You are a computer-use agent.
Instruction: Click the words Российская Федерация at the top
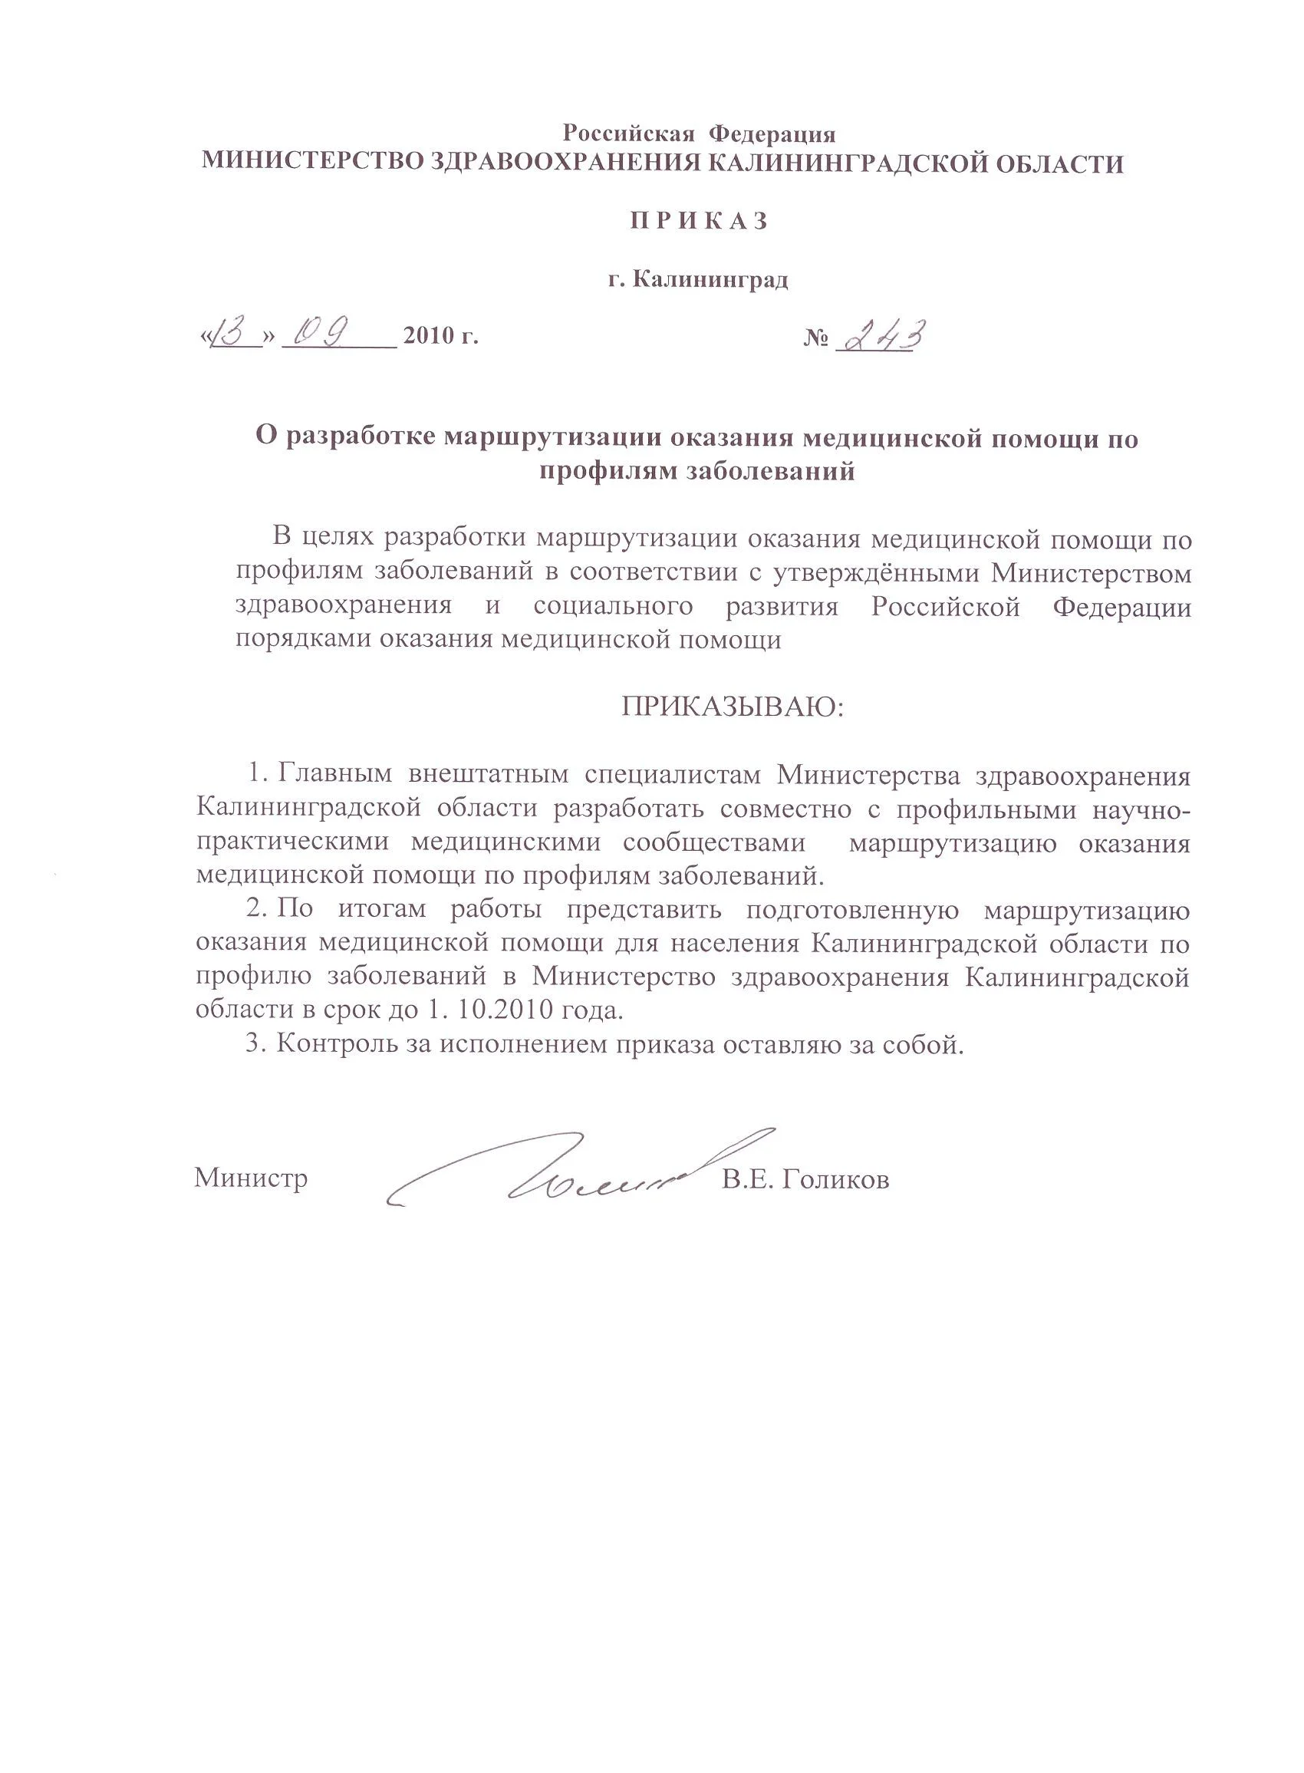click(x=699, y=133)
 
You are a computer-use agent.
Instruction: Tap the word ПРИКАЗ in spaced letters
click(x=699, y=222)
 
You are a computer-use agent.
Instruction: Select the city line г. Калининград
click(x=699, y=279)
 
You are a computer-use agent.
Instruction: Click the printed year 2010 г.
click(x=440, y=337)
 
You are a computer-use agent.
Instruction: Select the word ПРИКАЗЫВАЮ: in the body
click(x=733, y=706)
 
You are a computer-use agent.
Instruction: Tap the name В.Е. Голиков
click(x=805, y=1180)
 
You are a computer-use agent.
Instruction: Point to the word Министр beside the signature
click(x=251, y=1178)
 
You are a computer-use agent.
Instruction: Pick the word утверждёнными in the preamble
click(x=875, y=573)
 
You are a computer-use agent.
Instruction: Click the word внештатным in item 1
click(x=488, y=774)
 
